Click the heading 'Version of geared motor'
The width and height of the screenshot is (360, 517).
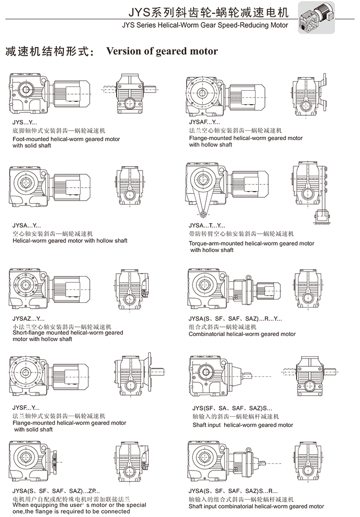click(x=162, y=51)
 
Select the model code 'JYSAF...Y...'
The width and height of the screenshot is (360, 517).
click(x=205, y=122)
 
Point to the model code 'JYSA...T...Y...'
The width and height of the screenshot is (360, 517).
click(x=207, y=225)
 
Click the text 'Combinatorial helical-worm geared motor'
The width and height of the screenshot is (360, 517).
click(x=242, y=334)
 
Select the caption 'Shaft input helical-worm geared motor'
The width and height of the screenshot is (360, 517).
click(x=243, y=425)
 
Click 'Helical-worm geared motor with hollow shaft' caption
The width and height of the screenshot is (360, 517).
click(x=70, y=240)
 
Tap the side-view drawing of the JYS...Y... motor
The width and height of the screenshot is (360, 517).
click(x=50, y=92)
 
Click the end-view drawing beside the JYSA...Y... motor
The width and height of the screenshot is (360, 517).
click(x=128, y=185)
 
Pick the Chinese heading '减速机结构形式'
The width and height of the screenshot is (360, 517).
click(x=47, y=52)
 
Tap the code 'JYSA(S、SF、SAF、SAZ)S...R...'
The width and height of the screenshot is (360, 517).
click(x=233, y=491)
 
